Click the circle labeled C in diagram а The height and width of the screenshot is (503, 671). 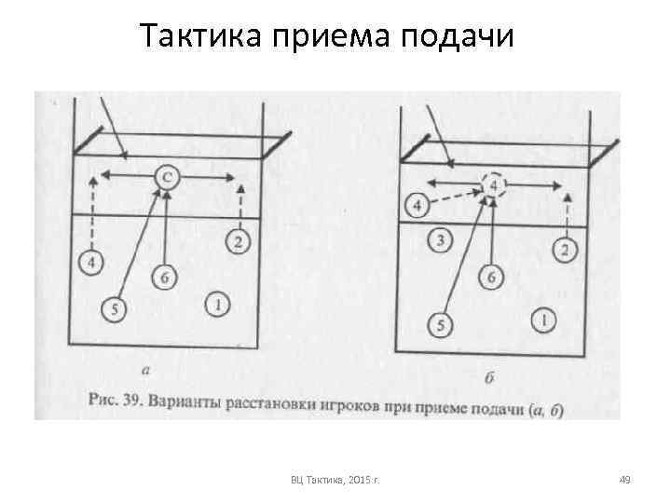(165, 176)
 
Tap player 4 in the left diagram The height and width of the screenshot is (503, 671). (91, 264)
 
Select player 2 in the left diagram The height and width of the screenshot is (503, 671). (239, 241)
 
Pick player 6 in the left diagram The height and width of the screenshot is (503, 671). (165, 278)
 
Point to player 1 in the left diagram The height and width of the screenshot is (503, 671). (217, 304)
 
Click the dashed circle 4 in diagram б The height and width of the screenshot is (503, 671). (494, 186)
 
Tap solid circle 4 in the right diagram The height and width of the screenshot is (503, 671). (419, 205)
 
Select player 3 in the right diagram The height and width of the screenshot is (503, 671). (442, 241)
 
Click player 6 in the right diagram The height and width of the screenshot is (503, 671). (494, 277)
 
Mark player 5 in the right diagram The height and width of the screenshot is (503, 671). (440, 324)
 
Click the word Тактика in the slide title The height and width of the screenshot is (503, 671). (201, 37)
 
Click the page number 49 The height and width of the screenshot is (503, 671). (625, 480)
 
